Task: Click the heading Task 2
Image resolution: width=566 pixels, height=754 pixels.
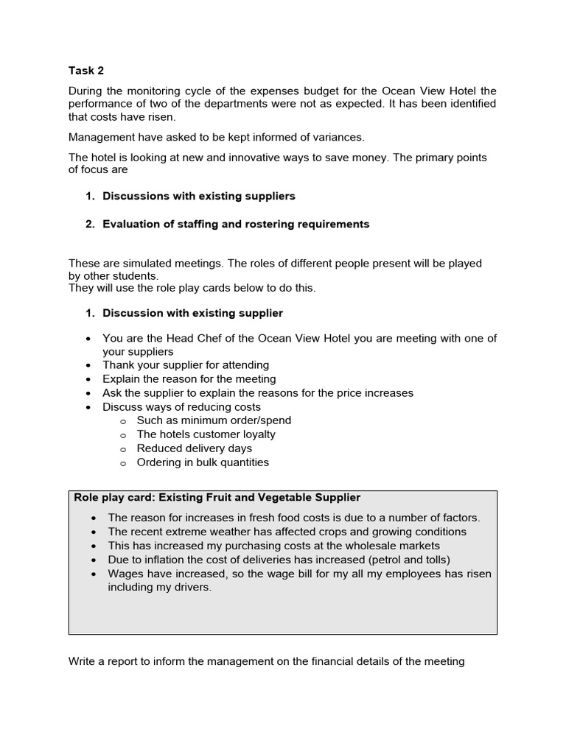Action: (86, 71)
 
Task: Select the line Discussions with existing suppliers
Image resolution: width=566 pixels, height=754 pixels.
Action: (199, 196)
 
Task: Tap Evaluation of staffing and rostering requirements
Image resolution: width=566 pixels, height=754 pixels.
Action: (236, 224)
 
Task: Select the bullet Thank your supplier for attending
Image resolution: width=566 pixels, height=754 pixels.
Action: (186, 365)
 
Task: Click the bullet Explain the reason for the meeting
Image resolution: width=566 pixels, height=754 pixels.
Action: (189, 379)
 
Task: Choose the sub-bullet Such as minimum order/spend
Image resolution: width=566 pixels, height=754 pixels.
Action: (214, 420)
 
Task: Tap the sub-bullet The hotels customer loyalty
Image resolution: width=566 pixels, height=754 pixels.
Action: (206, 434)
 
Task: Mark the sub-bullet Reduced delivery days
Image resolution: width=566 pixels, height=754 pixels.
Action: (195, 448)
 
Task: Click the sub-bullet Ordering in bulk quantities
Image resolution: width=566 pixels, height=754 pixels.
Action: (203, 462)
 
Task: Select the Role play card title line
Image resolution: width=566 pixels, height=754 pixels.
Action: (217, 498)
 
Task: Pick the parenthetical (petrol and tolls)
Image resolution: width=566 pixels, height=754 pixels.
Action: (402, 560)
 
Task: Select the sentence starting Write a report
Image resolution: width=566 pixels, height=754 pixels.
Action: (266, 661)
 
